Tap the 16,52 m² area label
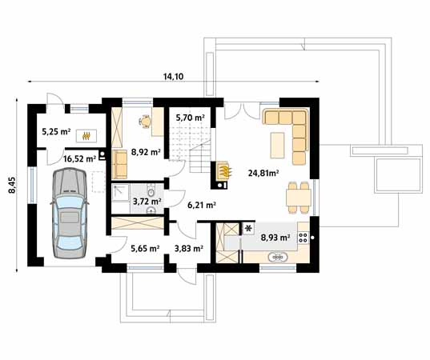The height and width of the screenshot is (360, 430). tap(79, 158)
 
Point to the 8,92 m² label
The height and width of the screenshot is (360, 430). tap(147, 151)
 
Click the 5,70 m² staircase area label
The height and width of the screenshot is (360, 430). tap(189, 117)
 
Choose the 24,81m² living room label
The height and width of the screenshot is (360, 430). tap(263, 172)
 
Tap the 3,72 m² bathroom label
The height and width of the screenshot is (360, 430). tap(147, 202)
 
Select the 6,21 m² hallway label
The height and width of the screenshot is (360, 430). tap(201, 205)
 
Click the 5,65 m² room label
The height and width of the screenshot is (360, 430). tap(144, 248)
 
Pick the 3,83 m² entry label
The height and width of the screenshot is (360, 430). tap(188, 248)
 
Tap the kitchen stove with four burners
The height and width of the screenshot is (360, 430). tap(303, 235)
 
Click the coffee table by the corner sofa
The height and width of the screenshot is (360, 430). tap(278, 145)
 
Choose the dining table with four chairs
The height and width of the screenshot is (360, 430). tap(298, 194)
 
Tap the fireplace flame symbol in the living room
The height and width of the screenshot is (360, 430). tap(227, 170)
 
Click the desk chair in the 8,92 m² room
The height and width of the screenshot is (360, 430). tap(145, 122)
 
